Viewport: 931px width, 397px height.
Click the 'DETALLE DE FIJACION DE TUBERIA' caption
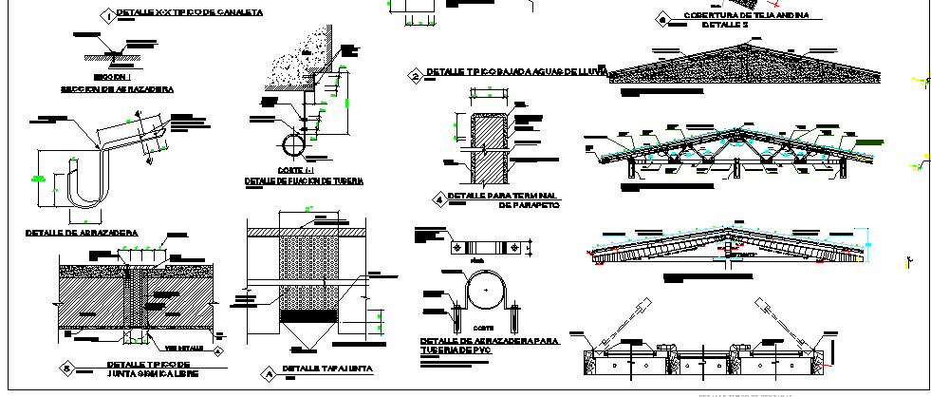[304, 180]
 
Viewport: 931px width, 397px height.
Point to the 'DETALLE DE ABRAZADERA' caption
[80, 232]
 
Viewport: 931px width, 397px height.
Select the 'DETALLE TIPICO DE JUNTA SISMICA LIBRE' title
[149, 369]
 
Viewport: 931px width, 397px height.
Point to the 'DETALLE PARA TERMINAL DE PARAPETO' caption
[503, 199]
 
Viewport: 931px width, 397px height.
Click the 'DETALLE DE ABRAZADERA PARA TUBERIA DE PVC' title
[489, 344]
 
